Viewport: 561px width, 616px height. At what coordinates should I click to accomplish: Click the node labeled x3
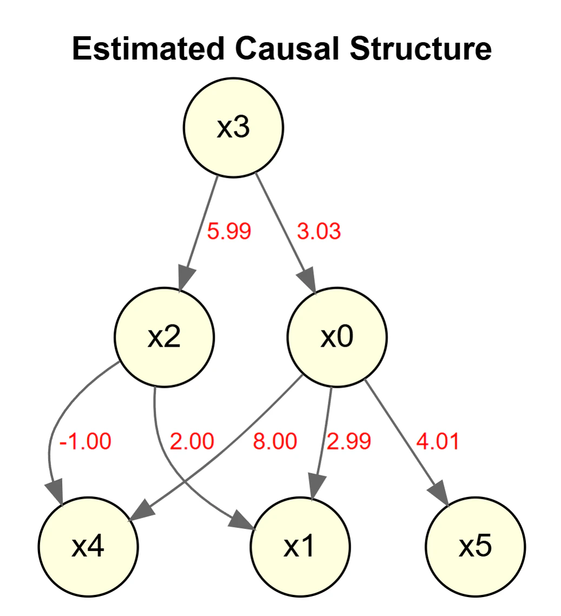tap(233, 128)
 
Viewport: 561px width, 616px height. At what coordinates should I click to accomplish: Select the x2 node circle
tap(164, 337)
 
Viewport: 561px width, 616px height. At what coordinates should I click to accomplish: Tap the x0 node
tap(337, 337)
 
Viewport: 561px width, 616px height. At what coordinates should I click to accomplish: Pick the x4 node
tap(88, 546)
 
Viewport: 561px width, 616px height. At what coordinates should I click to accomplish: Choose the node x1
tap(300, 546)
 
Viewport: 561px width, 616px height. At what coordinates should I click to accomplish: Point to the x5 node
tap(475, 546)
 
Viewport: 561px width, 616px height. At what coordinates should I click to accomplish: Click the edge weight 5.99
tap(229, 231)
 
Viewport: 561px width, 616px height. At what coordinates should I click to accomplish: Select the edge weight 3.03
tap(319, 231)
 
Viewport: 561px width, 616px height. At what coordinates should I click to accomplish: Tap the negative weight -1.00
tap(85, 441)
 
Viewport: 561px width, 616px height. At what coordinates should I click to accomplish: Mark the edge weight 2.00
tap(192, 441)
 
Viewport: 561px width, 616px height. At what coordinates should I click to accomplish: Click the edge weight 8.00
tap(275, 441)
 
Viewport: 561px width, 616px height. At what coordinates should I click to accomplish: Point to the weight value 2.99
tap(349, 441)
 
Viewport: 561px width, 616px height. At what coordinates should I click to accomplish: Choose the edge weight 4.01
tap(438, 441)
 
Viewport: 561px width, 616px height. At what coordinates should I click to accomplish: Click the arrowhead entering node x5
tap(439, 493)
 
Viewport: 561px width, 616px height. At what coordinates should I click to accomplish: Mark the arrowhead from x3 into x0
tap(307, 280)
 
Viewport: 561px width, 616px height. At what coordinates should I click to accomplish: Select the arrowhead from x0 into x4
tap(141, 511)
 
